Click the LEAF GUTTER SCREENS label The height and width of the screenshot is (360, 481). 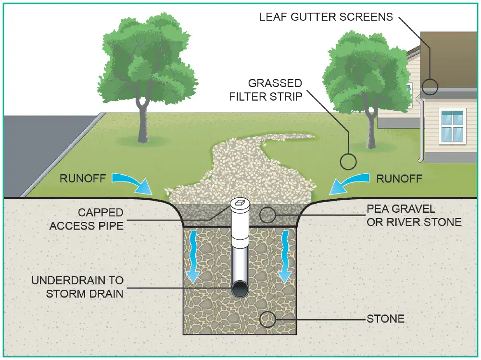(326, 17)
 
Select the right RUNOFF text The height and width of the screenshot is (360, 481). (399, 179)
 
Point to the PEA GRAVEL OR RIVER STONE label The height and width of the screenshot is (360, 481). (414, 216)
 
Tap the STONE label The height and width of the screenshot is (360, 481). (385, 319)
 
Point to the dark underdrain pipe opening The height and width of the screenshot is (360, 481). (239, 289)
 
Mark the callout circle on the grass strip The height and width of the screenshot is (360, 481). (348, 161)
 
